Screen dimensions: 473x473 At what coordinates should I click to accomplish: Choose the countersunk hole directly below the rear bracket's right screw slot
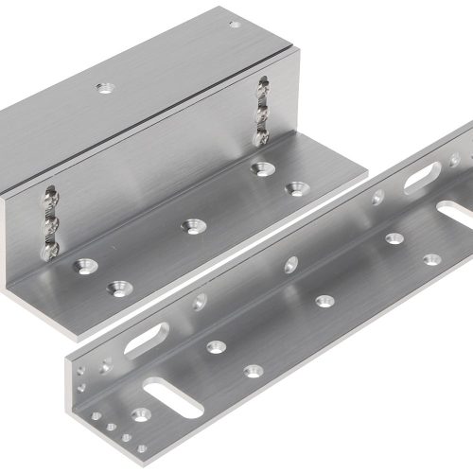click(258, 168)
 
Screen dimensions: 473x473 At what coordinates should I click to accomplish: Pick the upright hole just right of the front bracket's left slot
click(200, 302)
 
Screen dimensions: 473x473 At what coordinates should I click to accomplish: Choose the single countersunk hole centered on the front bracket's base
click(324, 301)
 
